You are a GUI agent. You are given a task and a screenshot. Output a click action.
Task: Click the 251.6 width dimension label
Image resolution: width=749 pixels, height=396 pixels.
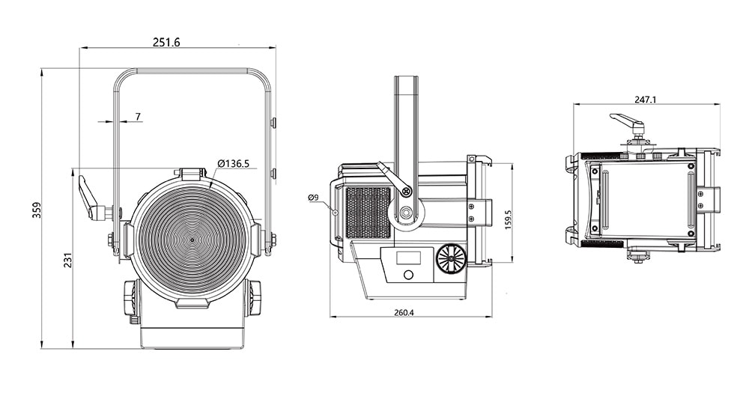pos(166,42)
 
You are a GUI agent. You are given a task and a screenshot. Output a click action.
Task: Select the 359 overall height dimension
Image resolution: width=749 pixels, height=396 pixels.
pos(37,210)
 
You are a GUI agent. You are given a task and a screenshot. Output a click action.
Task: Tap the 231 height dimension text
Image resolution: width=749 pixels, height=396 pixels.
pos(67,260)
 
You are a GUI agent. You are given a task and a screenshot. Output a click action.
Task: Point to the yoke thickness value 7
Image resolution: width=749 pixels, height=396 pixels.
pos(138,117)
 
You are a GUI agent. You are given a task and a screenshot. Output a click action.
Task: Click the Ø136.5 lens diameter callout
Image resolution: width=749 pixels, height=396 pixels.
pos(233,163)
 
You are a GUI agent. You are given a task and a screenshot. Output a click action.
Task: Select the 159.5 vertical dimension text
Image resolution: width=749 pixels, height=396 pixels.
pos(509,220)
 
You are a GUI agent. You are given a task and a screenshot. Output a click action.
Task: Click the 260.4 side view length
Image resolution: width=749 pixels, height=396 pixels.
pos(404,312)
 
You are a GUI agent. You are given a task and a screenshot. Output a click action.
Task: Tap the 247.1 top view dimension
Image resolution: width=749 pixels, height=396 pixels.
pos(646,100)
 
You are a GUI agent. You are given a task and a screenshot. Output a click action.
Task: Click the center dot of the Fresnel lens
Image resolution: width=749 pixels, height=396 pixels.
pos(192,240)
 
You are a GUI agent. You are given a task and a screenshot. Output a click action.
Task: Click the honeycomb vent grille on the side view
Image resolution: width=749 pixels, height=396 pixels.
pos(368,213)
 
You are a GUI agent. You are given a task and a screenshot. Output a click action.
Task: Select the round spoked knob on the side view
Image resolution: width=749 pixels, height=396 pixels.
pos(452,260)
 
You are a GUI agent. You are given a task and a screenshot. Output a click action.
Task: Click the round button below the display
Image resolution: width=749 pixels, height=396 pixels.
pos(408,275)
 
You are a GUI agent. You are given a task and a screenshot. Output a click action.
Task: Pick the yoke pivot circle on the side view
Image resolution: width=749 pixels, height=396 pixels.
pos(407,211)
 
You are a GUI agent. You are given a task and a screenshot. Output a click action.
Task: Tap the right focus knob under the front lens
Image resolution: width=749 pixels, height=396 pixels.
pos(253,299)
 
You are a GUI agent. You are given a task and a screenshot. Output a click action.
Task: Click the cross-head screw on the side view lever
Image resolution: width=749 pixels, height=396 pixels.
pos(407,192)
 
